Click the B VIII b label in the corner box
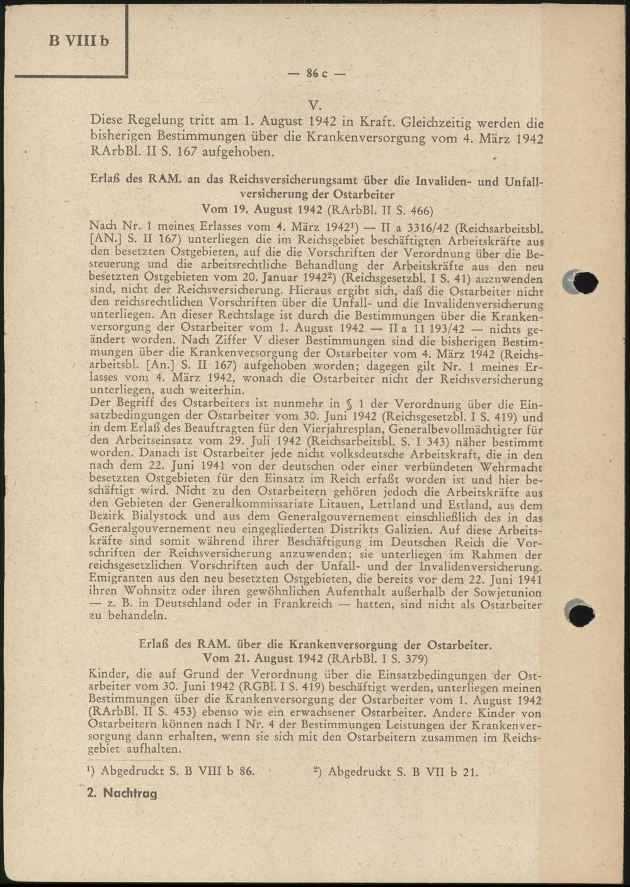click(79, 41)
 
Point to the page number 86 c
click(317, 73)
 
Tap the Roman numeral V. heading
click(316, 105)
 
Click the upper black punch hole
click(584, 283)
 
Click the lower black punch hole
click(581, 613)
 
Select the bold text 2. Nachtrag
click(122, 793)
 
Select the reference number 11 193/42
click(437, 328)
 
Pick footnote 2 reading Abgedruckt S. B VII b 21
click(396, 770)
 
